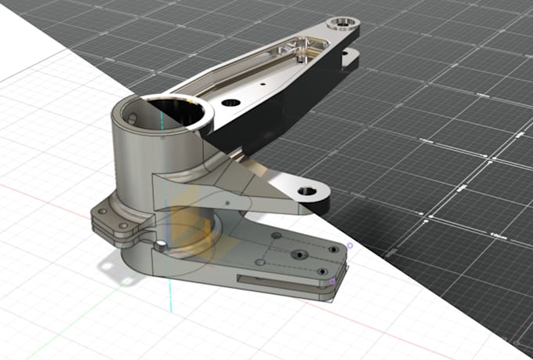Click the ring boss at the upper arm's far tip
[x=343, y=24]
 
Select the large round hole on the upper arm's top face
[x=230, y=103]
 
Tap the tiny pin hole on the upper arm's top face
[x=264, y=81]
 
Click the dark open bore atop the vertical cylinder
[x=176, y=114]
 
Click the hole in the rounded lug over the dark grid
[x=306, y=191]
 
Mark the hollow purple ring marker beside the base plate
[x=350, y=245]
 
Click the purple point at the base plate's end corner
[x=333, y=280]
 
